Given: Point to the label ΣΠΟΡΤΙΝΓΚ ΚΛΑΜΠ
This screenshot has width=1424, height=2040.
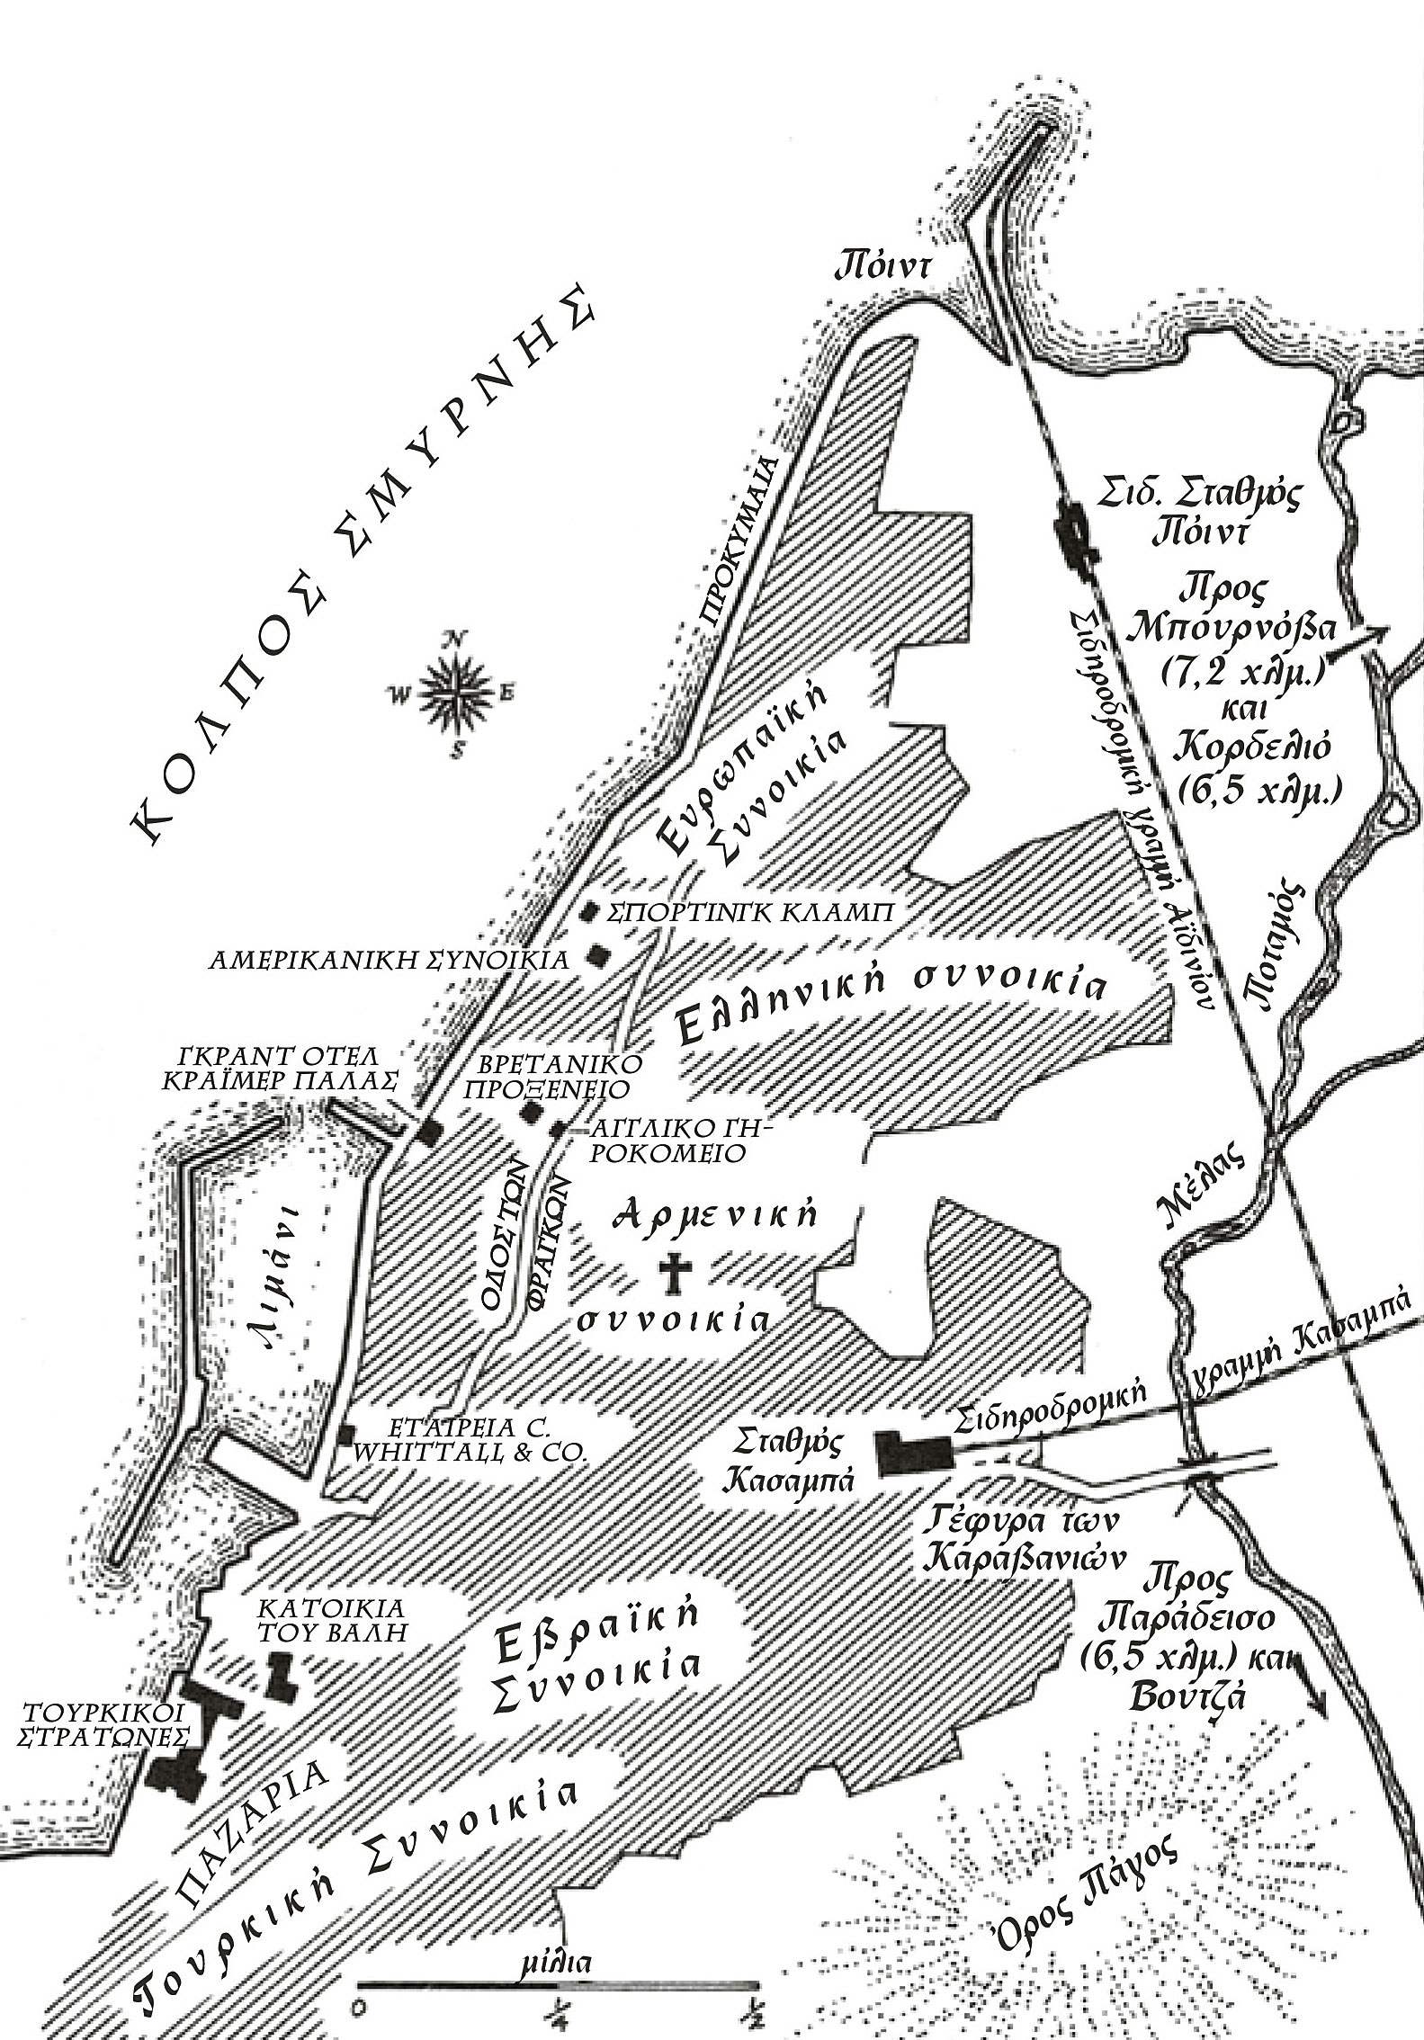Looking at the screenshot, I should click(750, 913).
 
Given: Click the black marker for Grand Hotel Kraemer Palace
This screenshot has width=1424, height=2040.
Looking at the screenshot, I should click(429, 1132).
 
